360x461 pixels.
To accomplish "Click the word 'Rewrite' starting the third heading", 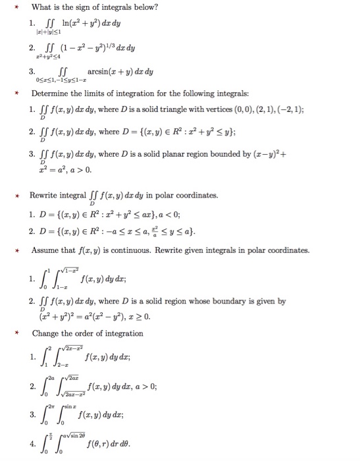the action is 47,196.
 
